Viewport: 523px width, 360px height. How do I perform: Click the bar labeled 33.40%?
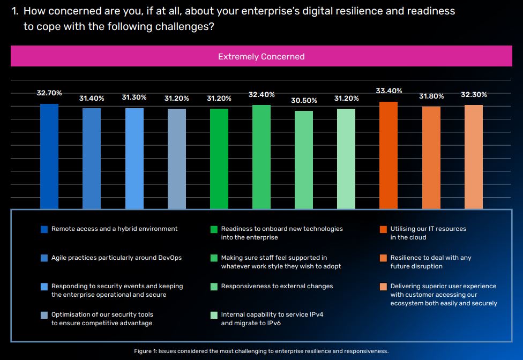(x=388, y=155)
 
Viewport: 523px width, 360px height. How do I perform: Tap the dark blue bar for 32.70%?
(x=49, y=156)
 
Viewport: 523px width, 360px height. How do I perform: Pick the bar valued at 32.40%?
(x=261, y=156)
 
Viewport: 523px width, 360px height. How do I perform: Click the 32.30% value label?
(x=474, y=95)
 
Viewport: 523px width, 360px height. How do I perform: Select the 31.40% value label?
(x=92, y=99)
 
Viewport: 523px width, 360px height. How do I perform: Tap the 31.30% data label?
(x=135, y=97)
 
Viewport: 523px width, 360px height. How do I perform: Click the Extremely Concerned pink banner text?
(x=261, y=57)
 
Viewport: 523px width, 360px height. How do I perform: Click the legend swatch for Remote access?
(x=44, y=229)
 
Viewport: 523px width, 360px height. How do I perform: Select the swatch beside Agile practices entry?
(x=44, y=258)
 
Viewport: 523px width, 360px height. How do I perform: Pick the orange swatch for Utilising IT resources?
(x=383, y=229)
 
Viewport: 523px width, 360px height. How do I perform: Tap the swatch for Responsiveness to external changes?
(x=214, y=287)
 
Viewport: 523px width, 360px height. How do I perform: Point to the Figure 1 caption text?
(x=261, y=351)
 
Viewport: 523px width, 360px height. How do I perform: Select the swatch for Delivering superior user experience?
(x=383, y=287)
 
